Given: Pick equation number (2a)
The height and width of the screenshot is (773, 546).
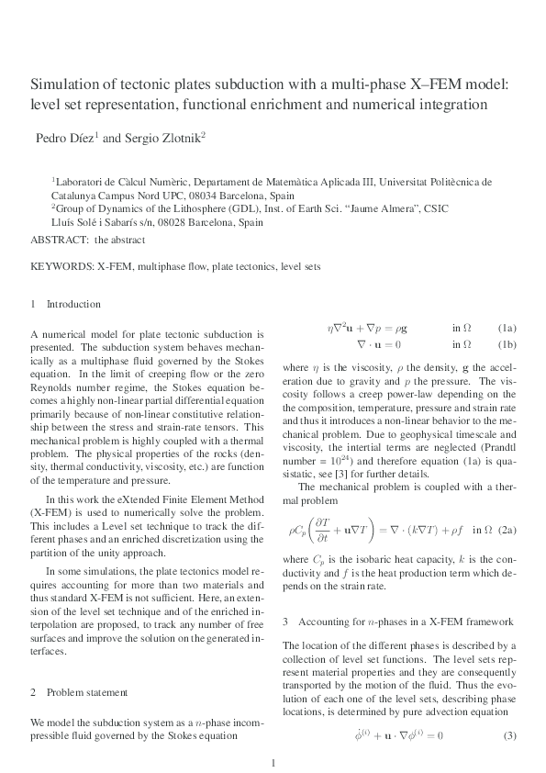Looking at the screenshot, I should pos(507,530).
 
